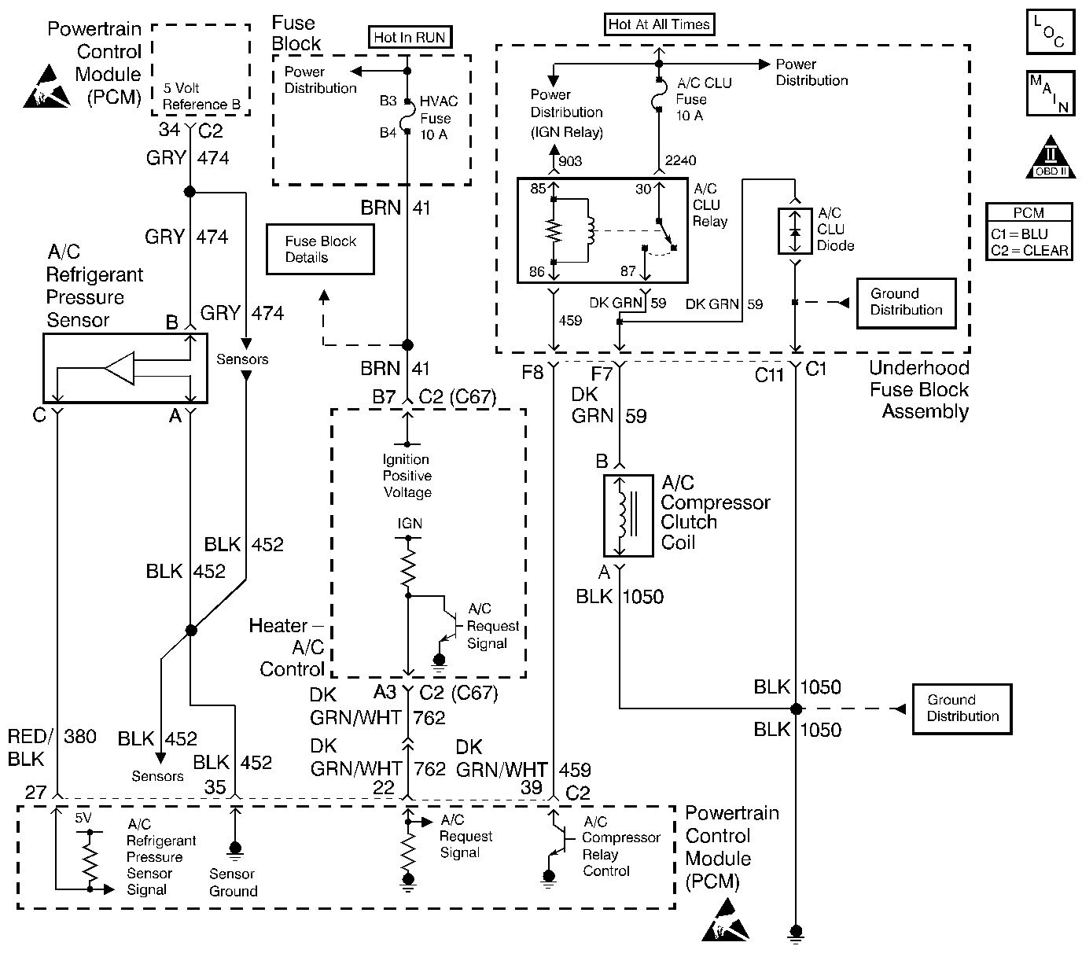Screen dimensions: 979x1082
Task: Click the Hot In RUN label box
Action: click(409, 37)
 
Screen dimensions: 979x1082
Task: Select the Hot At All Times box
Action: click(659, 24)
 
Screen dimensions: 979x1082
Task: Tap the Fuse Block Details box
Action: click(320, 249)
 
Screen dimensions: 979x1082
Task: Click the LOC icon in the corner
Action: click(1050, 32)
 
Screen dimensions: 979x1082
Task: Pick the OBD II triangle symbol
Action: click(1051, 160)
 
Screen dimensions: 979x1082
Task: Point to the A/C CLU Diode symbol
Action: click(795, 232)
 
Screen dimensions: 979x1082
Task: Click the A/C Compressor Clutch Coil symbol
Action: click(627, 515)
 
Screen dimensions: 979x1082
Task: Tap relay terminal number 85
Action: click(537, 189)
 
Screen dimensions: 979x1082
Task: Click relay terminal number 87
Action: click(627, 271)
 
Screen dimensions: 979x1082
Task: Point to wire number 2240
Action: click(680, 160)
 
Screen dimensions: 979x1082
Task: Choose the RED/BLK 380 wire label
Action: click(52, 747)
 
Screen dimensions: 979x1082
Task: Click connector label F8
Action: click(532, 372)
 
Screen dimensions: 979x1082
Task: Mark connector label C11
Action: click(769, 375)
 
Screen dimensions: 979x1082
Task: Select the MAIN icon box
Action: click(1050, 94)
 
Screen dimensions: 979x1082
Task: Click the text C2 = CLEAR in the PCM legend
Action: click(1029, 251)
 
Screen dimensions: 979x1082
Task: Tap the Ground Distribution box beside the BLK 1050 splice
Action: click(962, 708)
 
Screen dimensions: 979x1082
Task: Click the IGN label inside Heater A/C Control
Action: click(409, 524)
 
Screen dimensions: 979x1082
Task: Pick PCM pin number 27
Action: click(35, 792)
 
